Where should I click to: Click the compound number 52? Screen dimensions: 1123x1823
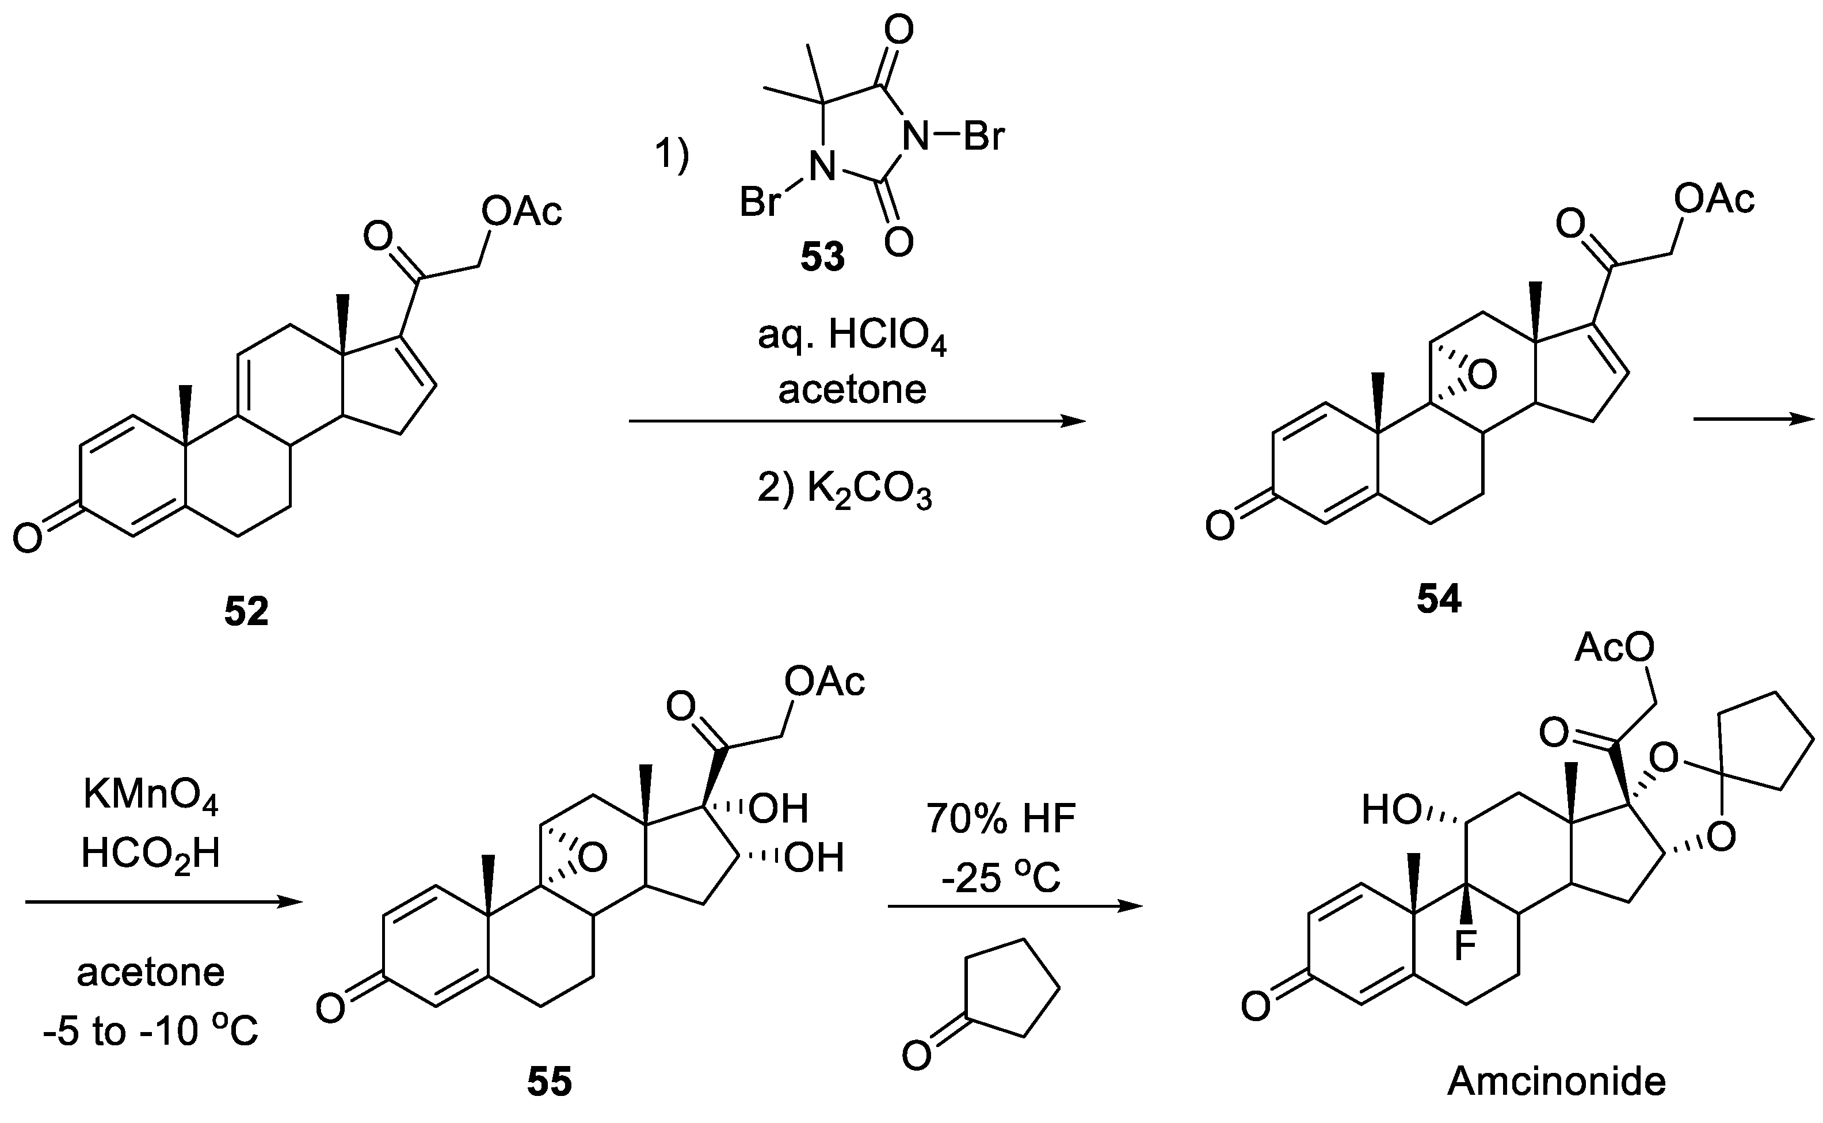click(x=246, y=612)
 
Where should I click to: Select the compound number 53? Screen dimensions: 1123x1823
click(x=823, y=256)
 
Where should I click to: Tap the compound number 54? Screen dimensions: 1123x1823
click(x=1439, y=599)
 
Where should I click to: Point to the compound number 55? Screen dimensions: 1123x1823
click(x=550, y=1082)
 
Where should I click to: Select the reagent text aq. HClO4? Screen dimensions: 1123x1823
click(x=852, y=337)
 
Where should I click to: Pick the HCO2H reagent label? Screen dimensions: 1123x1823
click(x=151, y=854)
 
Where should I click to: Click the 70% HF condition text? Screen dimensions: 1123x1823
click(x=1001, y=819)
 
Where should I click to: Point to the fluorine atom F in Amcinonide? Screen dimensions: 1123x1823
click(x=1464, y=946)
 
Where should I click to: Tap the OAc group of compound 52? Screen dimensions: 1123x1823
click(x=521, y=212)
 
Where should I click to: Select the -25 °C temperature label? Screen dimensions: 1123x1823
click(x=1001, y=878)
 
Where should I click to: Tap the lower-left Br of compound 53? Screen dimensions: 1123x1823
click(x=760, y=201)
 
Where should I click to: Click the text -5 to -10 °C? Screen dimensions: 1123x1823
click(x=151, y=1031)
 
